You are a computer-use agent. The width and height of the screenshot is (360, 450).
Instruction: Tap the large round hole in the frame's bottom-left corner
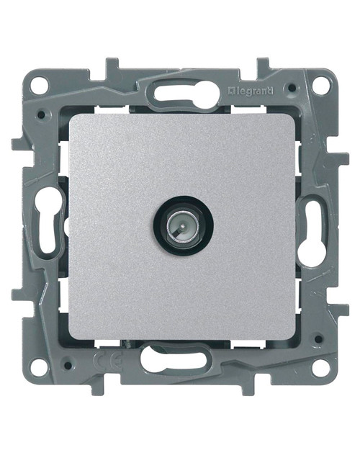(41, 366)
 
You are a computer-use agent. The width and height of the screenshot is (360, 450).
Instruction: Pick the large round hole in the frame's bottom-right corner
(317, 366)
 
